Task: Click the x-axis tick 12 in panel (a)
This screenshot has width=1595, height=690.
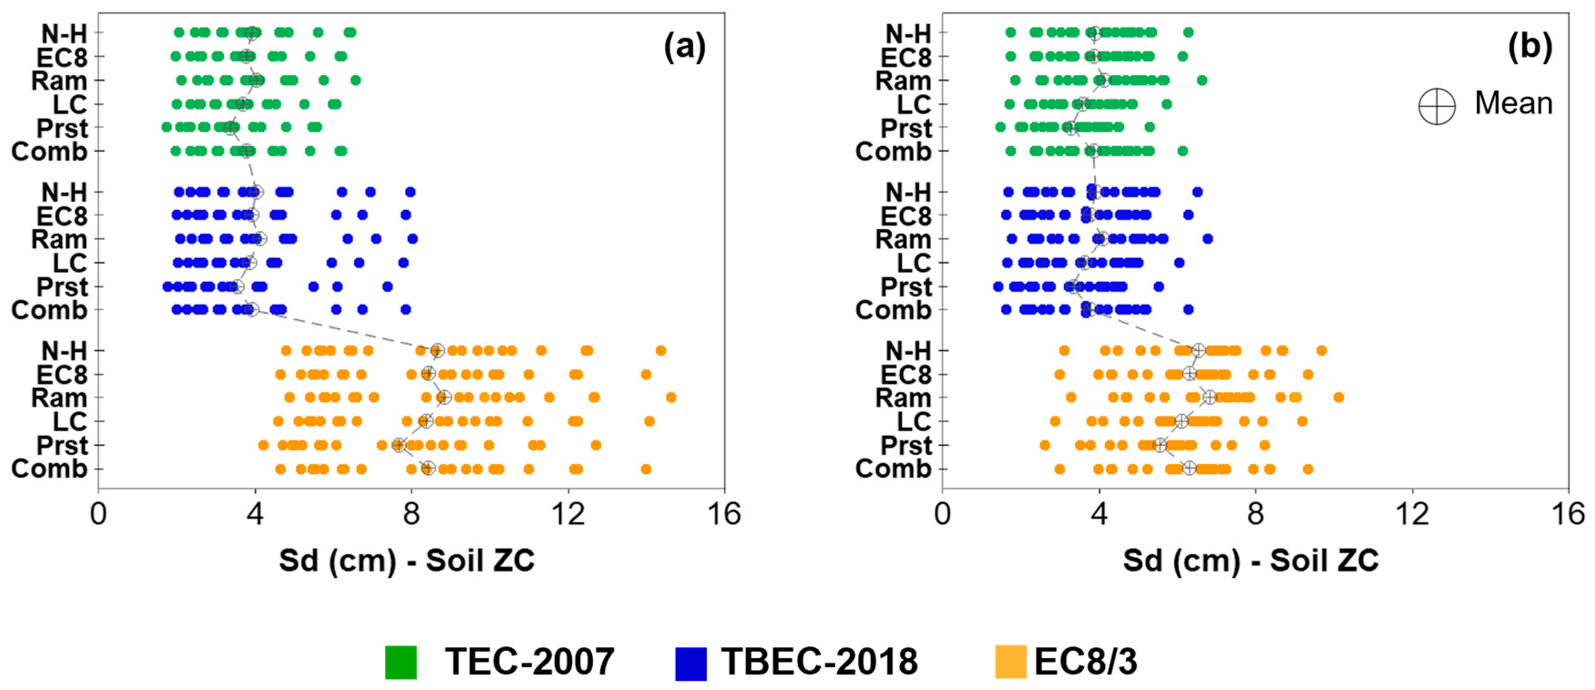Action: click(568, 514)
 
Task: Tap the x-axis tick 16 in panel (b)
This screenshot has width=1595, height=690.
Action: click(1568, 514)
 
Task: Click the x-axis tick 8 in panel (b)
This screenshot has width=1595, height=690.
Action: click(1255, 514)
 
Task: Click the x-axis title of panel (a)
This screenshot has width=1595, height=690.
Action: click(407, 561)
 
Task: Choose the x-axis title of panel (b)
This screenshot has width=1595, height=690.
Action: click(1251, 561)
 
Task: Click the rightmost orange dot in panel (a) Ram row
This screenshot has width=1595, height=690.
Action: click(670, 398)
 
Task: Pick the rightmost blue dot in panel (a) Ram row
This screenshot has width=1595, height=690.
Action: click(412, 239)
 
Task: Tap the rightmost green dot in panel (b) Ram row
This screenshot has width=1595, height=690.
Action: click(1202, 80)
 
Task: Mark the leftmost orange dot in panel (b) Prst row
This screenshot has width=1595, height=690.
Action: click(1044, 445)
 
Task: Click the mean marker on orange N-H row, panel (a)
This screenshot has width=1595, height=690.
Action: click(437, 351)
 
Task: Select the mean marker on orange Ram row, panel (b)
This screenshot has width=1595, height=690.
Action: click(1210, 398)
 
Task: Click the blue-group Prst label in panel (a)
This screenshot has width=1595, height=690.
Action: click(62, 287)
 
